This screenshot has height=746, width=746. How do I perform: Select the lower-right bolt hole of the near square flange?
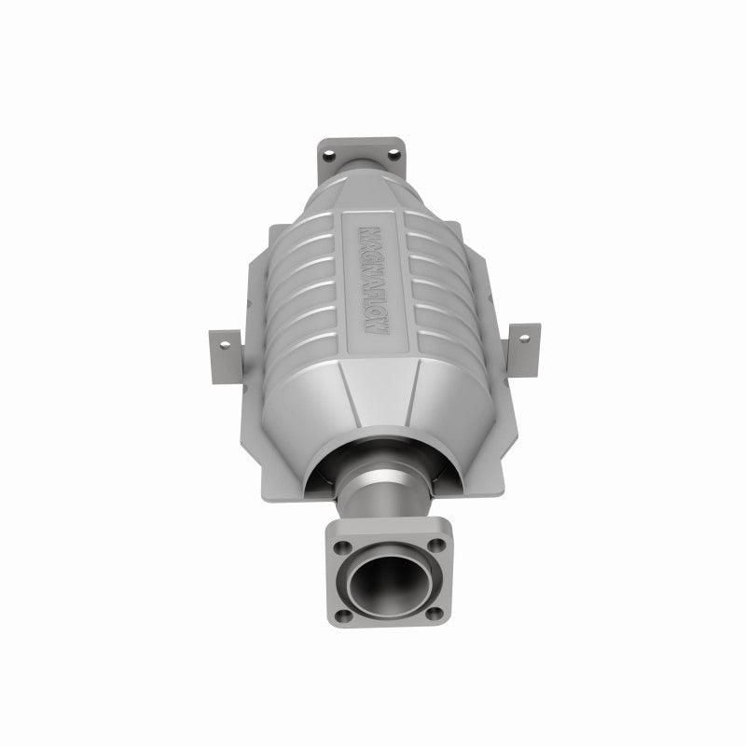431,613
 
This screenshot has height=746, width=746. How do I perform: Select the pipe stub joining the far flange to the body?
364,173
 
